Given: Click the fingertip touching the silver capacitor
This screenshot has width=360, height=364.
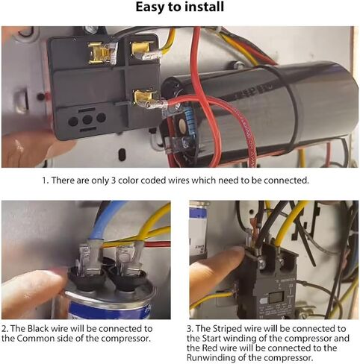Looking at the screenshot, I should click(x=39, y=281).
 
